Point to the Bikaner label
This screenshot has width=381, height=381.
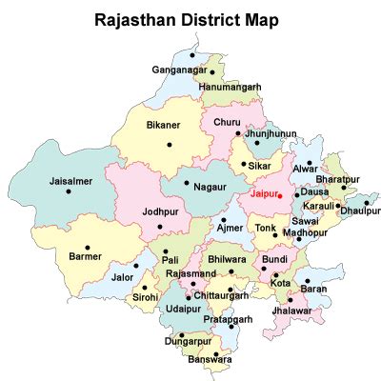(163, 125)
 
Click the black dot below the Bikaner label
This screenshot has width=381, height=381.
(170, 145)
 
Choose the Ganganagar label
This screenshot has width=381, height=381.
(179, 70)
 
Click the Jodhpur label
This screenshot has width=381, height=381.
(160, 211)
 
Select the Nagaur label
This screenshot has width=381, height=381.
(211, 190)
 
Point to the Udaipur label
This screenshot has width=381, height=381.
(183, 311)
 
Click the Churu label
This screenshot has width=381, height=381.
(227, 122)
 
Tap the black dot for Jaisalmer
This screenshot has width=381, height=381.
(69, 192)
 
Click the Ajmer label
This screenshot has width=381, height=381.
(230, 230)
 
